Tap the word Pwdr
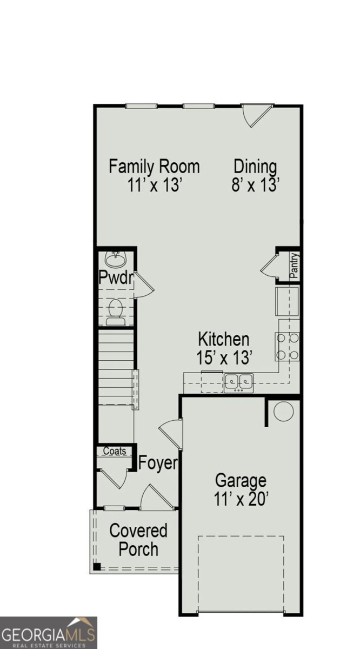(x=116, y=278)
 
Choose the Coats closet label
(x=114, y=451)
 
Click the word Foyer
(x=158, y=463)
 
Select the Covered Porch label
(x=138, y=540)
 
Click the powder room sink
(x=115, y=260)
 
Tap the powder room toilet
(x=115, y=312)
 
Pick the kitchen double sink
(x=239, y=381)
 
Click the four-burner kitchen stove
(x=288, y=347)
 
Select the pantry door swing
(x=269, y=267)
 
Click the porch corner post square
(x=97, y=566)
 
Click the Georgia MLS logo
(x=49, y=632)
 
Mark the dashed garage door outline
(x=241, y=573)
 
